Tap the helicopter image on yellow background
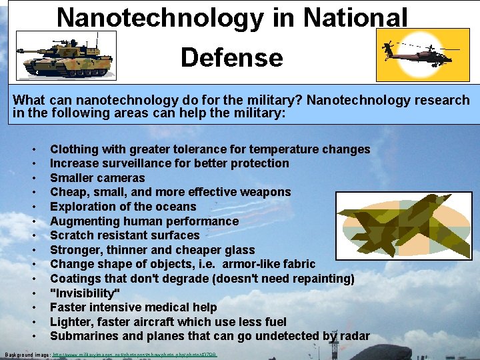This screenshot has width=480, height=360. pyautogui.click(x=417, y=55)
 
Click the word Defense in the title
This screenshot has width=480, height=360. pyautogui.click(x=231, y=57)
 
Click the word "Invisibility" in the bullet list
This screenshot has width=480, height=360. pyautogui.click(x=85, y=293)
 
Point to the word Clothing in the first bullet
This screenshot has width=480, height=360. pyautogui.click(x=74, y=149)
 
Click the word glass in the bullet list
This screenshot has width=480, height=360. pyautogui.click(x=239, y=250)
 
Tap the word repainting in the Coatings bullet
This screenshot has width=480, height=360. pyautogui.click(x=319, y=279)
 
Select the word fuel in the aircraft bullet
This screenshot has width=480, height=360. pyautogui.click(x=275, y=322)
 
